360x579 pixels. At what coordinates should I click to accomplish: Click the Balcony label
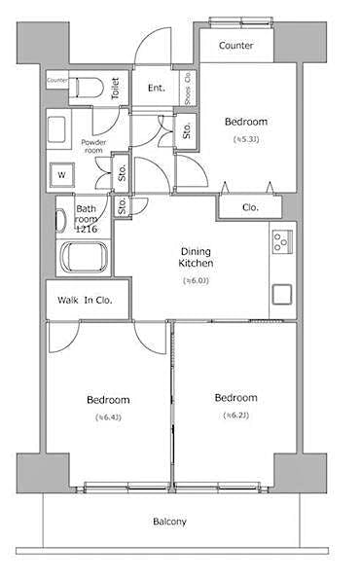coord(169,523)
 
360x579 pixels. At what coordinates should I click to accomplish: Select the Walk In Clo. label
coord(85,300)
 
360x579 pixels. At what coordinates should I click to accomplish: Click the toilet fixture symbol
coord(85,88)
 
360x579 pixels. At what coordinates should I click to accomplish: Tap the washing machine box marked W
coord(61,175)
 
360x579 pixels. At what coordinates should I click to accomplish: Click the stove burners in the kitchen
coord(281,238)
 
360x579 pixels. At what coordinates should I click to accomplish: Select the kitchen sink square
coord(281,293)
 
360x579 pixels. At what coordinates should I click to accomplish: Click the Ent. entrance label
coord(157,89)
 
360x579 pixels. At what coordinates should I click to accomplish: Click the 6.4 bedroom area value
coord(108,417)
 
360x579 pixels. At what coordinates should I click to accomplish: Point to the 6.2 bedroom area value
coord(235,416)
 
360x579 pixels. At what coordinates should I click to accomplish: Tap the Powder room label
coord(92,146)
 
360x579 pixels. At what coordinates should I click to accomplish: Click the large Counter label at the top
coord(236,46)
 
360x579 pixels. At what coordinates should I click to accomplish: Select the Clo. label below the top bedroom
coord(250,206)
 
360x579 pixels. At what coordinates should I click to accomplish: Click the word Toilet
coord(115,89)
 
